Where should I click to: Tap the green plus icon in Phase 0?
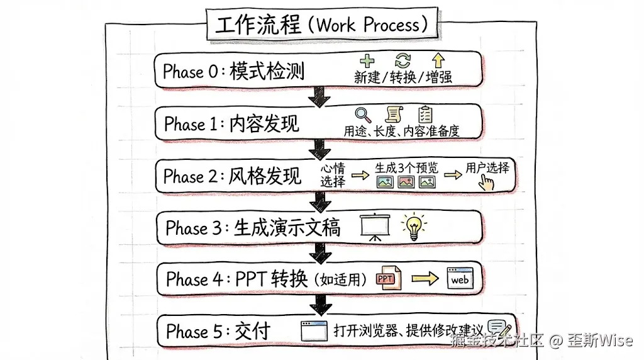point(366,60)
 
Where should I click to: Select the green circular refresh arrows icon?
point(402,60)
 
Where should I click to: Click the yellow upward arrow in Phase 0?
point(438,60)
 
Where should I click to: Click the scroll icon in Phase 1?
point(394,114)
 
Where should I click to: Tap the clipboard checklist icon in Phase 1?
point(426,114)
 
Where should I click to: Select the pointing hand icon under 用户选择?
point(487,182)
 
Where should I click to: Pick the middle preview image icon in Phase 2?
point(406,182)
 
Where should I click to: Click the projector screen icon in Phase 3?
point(375,227)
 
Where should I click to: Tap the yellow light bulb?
point(413,227)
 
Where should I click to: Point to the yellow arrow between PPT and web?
point(425,279)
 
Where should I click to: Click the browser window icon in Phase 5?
point(315,331)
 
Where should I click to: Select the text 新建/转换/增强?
point(403,77)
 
